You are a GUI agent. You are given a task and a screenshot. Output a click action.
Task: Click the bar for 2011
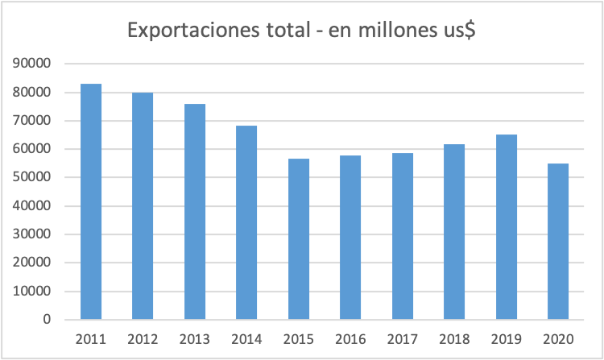91,201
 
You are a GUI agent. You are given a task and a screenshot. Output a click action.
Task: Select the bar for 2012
143,206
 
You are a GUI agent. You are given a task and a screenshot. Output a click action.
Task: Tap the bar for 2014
246,222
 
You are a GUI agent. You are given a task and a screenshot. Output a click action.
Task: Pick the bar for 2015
299,239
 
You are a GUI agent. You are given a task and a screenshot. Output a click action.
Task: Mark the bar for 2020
558,242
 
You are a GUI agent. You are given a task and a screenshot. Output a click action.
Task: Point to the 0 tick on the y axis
47,320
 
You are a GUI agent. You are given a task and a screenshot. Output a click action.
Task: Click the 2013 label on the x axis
195,339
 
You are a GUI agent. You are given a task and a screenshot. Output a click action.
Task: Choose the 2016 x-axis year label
350,339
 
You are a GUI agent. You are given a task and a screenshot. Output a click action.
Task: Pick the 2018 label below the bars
454,339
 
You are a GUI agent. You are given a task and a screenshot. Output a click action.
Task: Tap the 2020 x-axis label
558,339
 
